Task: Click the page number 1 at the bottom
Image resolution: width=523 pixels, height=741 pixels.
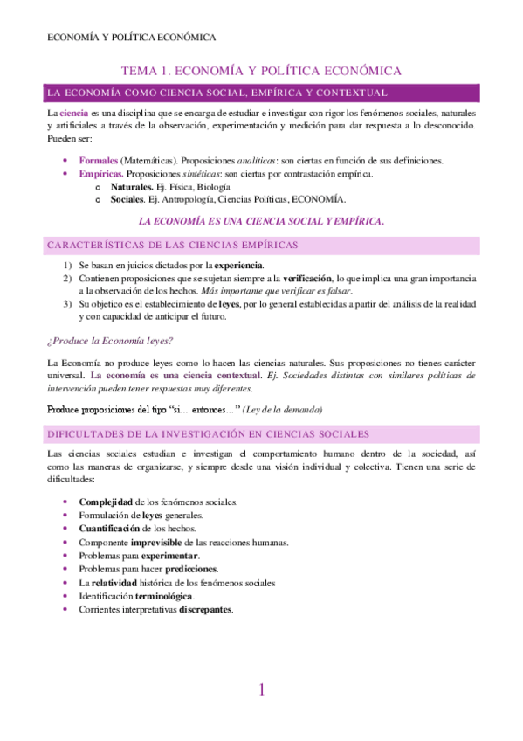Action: coord(261,690)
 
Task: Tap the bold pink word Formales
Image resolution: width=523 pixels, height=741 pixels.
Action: coord(98,161)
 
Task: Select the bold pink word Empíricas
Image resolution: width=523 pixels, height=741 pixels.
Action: coord(101,174)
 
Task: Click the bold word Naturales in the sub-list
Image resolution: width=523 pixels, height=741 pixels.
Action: coord(132,187)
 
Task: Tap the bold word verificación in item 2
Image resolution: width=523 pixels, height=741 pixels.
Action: coord(316,278)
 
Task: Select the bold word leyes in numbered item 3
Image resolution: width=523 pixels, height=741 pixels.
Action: coord(229,304)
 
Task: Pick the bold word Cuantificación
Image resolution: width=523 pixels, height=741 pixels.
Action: coord(109,528)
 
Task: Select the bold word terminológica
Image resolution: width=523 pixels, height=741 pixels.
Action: coord(164,596)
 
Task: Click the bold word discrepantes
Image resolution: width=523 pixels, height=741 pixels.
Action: coord(206,609)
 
